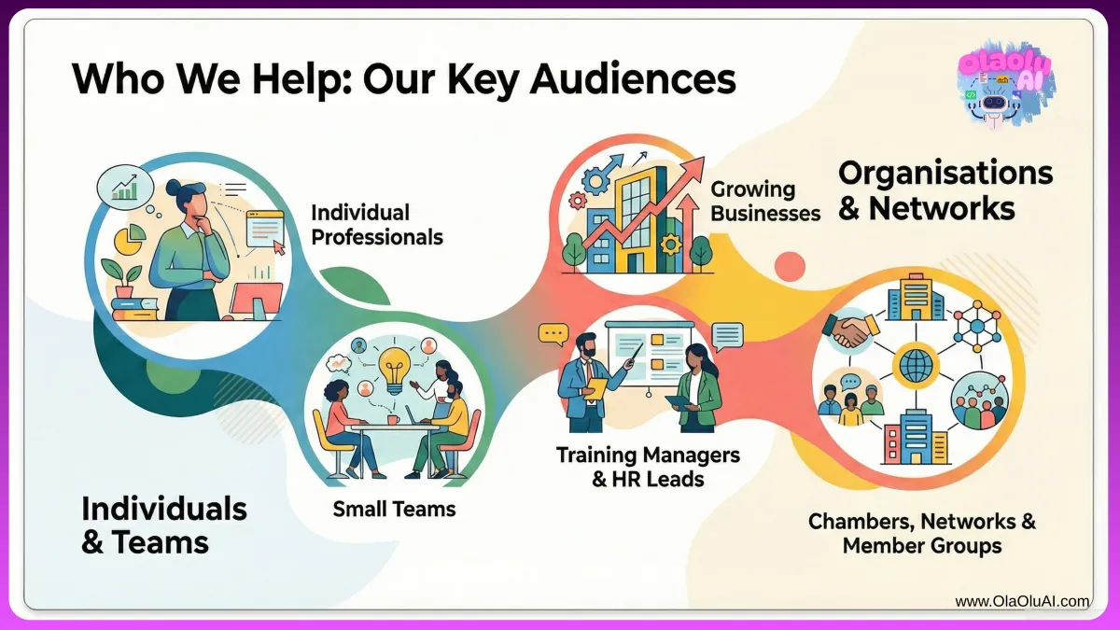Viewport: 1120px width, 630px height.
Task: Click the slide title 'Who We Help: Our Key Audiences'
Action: tap(403, 80)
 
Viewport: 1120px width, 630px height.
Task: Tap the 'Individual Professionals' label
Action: tap(376, 225)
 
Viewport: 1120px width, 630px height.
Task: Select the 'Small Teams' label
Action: tap(394, 509)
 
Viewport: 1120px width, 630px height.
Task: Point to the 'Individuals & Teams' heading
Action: tap(164, 525)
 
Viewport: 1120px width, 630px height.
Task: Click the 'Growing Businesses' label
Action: tap(765, 201)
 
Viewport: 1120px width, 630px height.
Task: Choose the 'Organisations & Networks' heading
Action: tap(945, 189)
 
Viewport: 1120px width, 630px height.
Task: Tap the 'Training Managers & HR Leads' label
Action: tap(648, 467)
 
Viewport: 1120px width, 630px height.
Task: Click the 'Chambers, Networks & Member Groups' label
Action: tap(922, 533)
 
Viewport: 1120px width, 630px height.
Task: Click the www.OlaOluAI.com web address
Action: tap(1022, 602)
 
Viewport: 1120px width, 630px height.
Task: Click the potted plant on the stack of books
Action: tap(123, 280)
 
